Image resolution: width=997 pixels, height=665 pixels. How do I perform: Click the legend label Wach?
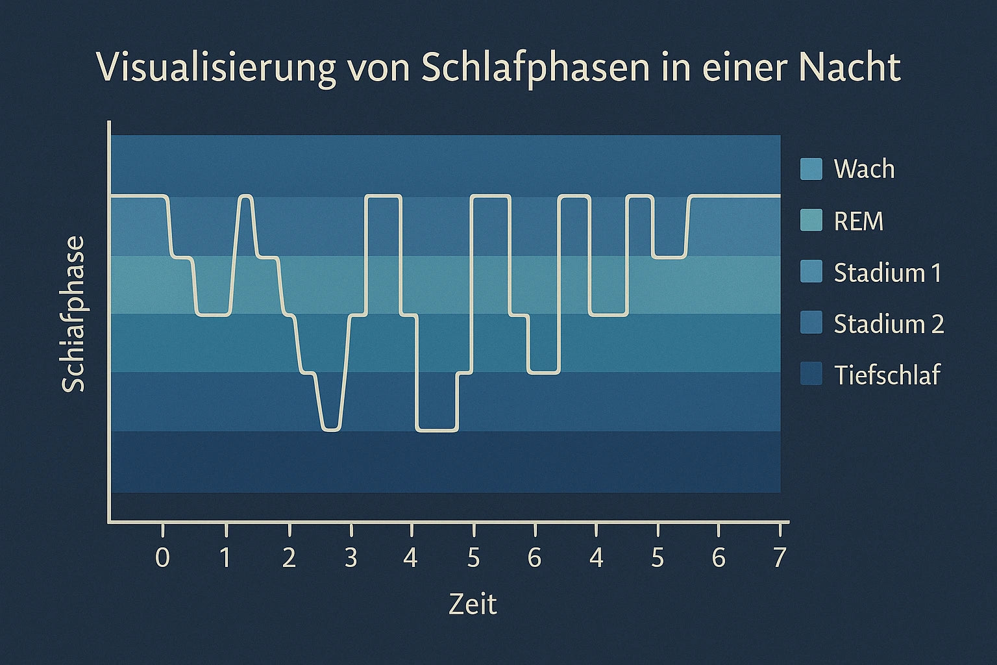[864, 169]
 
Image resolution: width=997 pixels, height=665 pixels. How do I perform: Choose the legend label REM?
[859, 221]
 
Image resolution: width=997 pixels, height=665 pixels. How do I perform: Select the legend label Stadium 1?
[887, 273]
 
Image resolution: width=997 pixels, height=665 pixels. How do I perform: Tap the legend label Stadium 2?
[889, 323]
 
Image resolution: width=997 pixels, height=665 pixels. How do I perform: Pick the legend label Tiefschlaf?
[887, 375]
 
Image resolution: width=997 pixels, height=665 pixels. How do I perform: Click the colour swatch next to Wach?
[811, 168]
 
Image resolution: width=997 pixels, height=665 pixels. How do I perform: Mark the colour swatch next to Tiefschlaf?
[811, 374]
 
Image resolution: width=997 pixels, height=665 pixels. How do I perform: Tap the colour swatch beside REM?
[811, 221]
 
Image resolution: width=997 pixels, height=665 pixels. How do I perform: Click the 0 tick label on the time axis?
[163, 558]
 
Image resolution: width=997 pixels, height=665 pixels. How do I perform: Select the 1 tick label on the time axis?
[225, 558]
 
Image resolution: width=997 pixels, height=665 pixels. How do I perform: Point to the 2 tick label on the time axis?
[289, 558]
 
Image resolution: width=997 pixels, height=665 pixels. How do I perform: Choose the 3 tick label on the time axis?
[351, 558]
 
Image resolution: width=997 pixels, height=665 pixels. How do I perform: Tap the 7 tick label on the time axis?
[780, 558]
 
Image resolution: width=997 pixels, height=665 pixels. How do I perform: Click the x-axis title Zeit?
[473, 605]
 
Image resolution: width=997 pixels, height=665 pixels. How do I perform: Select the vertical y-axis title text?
[73, 314]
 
